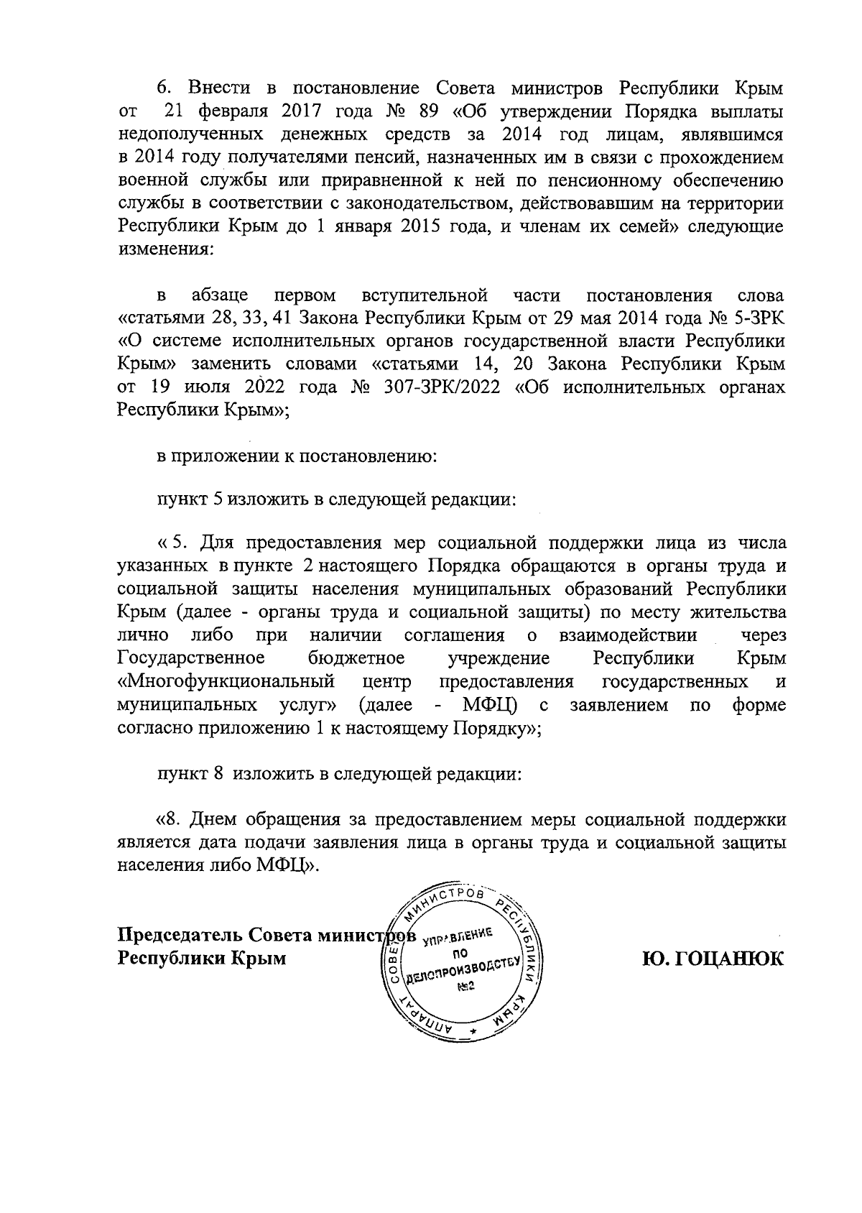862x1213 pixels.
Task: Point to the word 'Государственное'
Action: [190, 658]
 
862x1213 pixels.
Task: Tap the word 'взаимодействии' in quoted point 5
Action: [626, 635]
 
